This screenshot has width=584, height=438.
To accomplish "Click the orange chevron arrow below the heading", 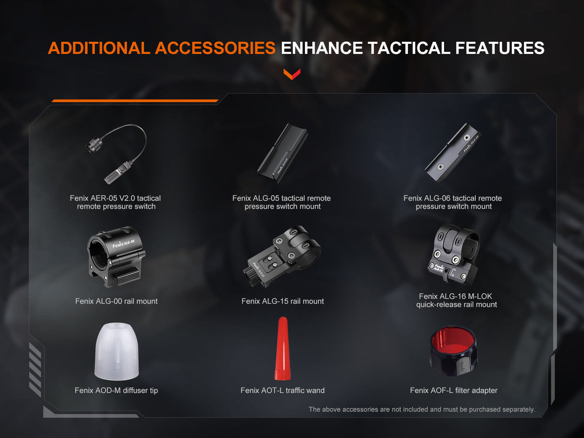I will [292, 74].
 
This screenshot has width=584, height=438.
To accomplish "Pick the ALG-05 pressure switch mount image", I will [282, 153].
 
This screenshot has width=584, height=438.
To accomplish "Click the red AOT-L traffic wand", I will [282, 349].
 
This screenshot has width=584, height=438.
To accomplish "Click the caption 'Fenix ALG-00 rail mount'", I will [116, 301].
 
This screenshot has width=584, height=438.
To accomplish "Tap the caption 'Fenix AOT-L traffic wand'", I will [282, 390].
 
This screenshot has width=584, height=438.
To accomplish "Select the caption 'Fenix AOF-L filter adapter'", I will [454, 390].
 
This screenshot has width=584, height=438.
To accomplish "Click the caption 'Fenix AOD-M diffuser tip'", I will [116, 390].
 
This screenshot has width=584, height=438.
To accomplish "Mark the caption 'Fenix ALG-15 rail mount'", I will [282, 301].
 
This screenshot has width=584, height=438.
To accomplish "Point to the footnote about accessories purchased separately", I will [422, 410].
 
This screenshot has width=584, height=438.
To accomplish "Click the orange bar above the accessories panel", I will [135, 101].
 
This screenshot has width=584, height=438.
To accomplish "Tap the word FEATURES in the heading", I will [500, 48].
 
